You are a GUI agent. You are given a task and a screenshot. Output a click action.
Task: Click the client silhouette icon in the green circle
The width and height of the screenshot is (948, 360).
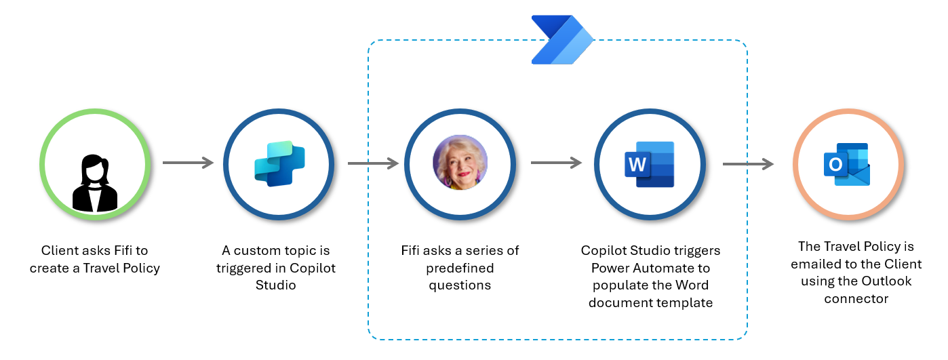[94, 182]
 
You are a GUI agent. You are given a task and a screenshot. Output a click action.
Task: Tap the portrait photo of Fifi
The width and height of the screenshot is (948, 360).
[460, 163]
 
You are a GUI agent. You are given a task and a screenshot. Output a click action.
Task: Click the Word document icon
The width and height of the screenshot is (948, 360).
[649, 164]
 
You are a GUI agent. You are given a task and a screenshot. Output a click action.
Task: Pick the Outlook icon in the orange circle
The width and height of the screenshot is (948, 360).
[846, 164]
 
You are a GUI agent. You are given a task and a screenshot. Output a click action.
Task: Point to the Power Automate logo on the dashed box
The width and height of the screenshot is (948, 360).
[562, 40]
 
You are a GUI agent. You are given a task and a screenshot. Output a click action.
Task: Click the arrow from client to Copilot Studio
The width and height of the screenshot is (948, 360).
[188, 163]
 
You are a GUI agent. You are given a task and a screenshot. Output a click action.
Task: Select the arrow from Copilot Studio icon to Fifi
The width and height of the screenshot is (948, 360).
[372, 163]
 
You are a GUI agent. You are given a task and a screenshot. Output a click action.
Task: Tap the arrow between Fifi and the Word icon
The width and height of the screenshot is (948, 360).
[556, 163]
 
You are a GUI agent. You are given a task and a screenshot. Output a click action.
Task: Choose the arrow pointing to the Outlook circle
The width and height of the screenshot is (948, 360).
[748, 163]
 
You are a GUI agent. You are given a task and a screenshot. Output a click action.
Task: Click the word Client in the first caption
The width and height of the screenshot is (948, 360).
[59, 251]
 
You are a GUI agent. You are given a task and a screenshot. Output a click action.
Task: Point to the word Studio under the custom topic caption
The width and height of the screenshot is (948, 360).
[275, 285]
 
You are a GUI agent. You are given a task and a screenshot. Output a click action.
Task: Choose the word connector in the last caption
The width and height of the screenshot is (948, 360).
[857, 298]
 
